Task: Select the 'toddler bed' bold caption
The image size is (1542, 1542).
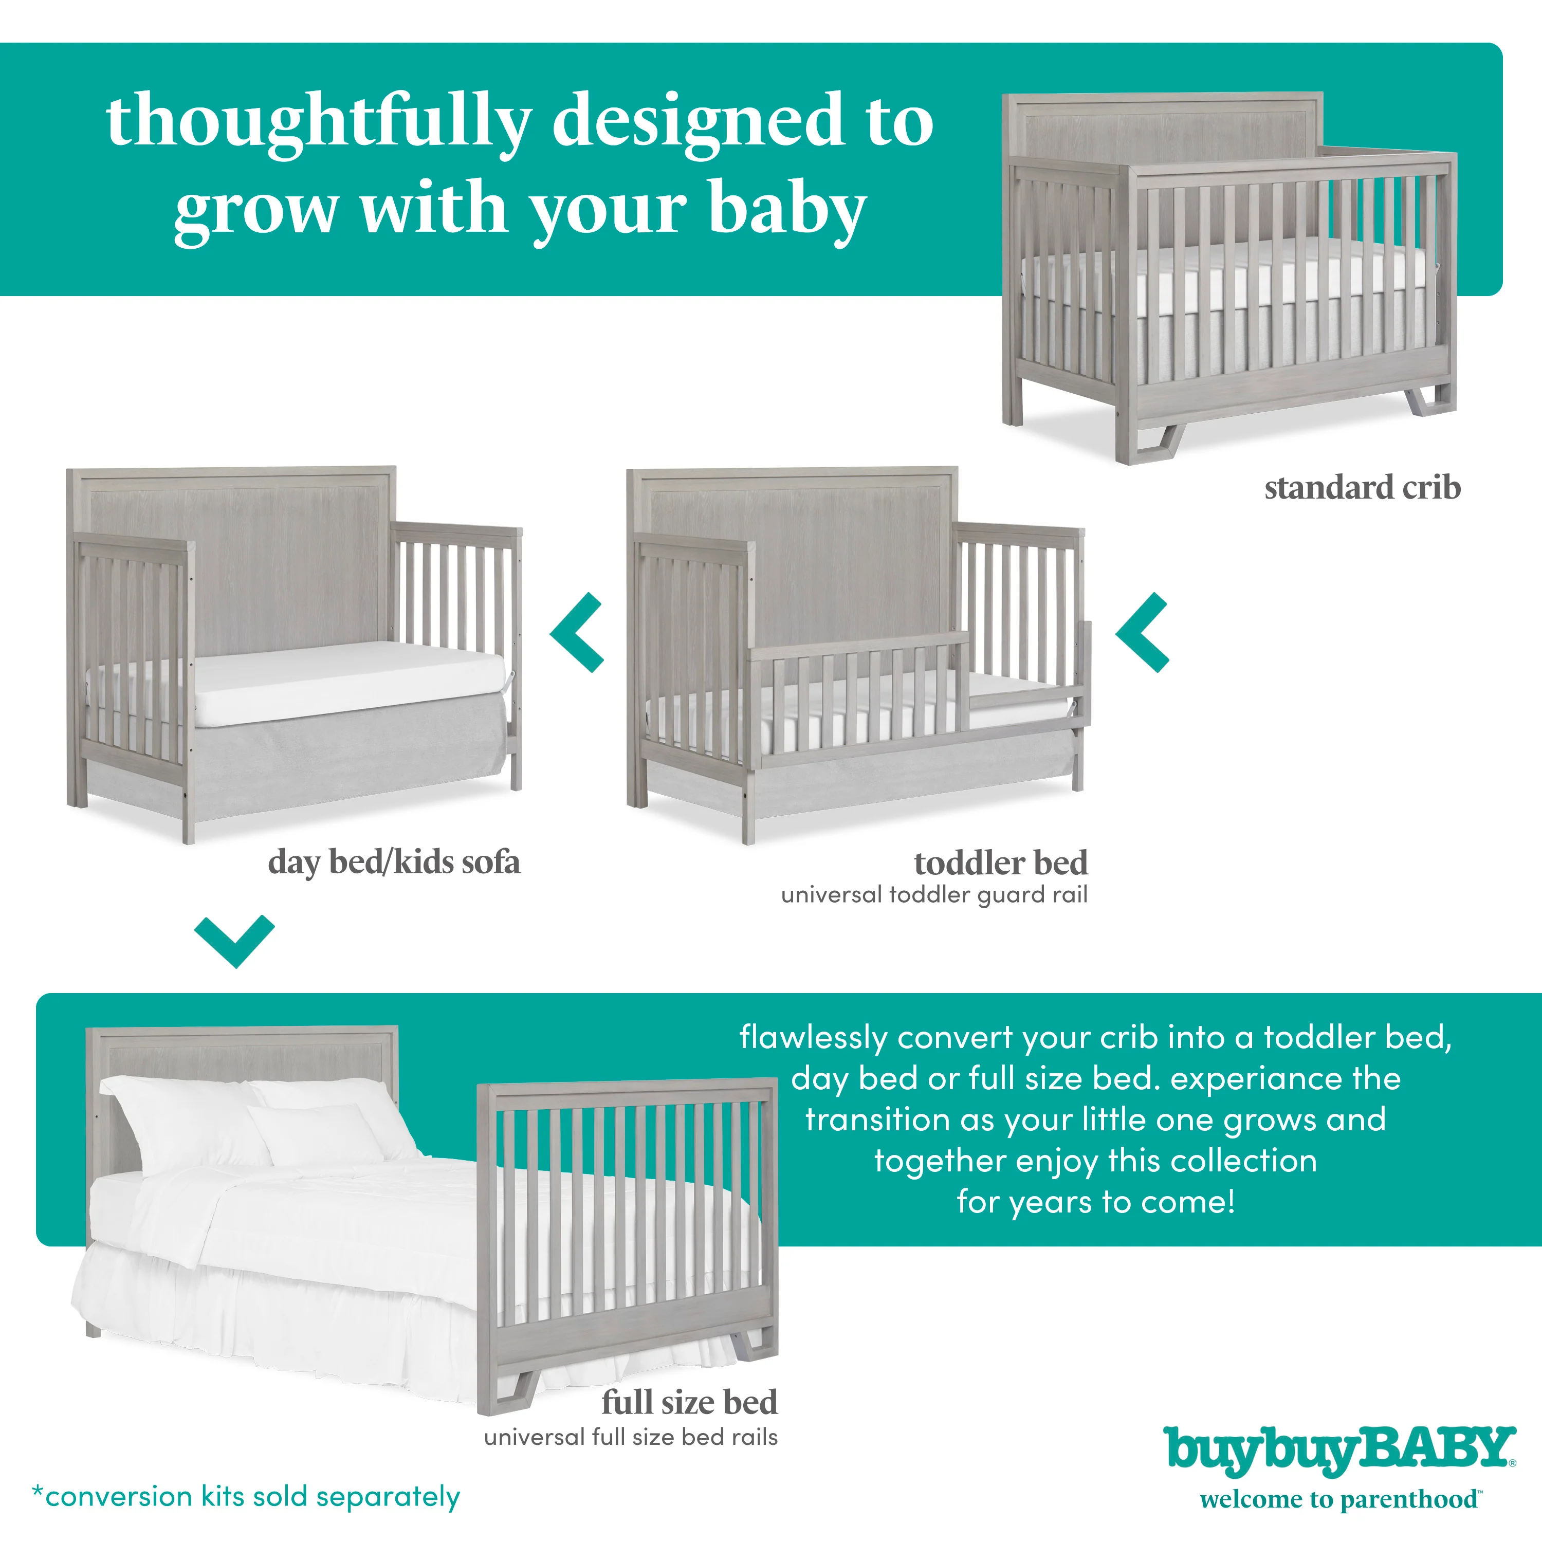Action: (x=1001, y=863)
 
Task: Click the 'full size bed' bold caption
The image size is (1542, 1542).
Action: (x=690, y=1402)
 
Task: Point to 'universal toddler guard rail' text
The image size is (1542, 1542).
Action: (x=934, y=895)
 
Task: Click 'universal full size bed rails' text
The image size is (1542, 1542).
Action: (x=631, y=1438)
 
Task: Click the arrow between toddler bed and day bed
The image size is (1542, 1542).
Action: (x=576, y=632)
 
